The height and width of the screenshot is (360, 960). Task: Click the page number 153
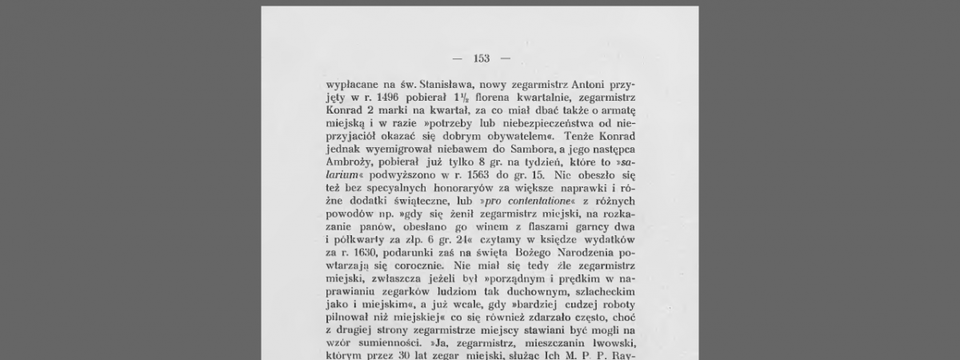481,58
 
